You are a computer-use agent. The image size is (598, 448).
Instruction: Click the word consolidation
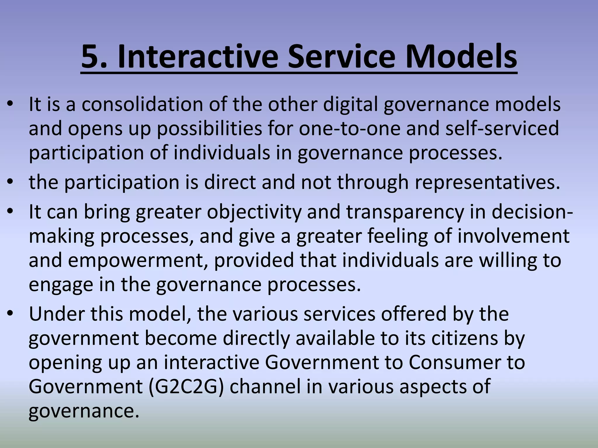[142, 104]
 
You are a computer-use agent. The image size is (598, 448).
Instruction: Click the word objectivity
[254, 212]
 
